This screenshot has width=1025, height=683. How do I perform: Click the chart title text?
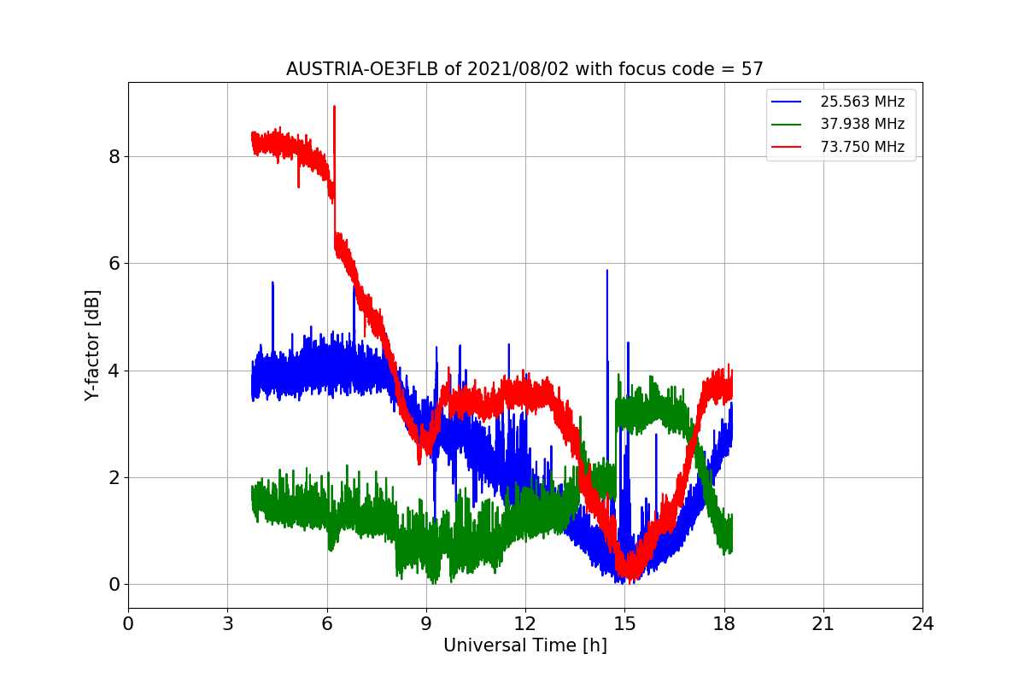(x=524, y=69)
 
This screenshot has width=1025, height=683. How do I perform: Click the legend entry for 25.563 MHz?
(x=862, y=102)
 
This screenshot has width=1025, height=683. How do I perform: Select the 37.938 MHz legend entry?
(x=862, y=124)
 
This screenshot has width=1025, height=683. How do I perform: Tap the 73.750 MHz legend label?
(x=862, y=147)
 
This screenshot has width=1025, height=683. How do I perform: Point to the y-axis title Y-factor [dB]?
(x=92, y=345)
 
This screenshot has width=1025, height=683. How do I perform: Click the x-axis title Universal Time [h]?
(x=524, y=645)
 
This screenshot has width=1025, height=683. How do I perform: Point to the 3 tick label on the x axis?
(x=227, y=624)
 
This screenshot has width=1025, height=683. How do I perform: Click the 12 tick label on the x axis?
(x=524, y=624)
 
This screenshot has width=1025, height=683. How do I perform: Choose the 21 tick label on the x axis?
(x=823, y=624)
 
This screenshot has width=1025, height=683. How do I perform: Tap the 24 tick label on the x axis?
(x=922, y=624)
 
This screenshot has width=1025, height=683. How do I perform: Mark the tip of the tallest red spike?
(x=334, y=107)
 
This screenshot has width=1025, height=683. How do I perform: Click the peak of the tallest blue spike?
(x=607, y=271)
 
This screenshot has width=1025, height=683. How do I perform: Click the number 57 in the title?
(x=753, y=69)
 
